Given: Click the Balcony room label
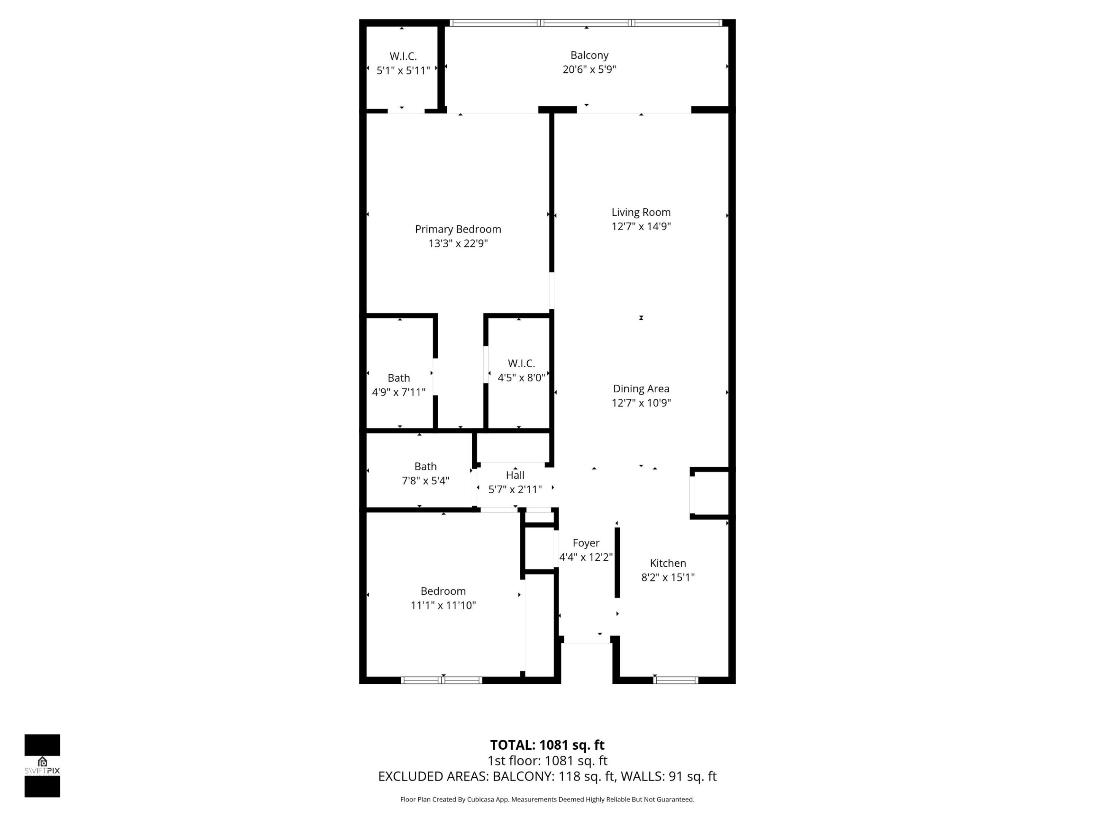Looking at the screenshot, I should (x=589, y=56).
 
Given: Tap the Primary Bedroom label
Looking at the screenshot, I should (x=458, y=229).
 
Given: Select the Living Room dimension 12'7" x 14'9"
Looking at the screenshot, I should (x=641, y=226).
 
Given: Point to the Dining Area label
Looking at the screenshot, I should (x=641, y=389).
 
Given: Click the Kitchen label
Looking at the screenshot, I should (x=668, y=563).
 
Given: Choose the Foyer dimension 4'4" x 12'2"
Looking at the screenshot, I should (x=586, y=557).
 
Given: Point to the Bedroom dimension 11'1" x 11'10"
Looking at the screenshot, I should (x=443, y=605).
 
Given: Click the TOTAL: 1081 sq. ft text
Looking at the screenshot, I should (x=547, y=745).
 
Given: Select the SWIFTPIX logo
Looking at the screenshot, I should (x=42, y=766).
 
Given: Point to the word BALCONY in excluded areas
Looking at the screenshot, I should (x=523, y=776).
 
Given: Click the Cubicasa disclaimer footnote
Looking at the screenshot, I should (x=547, y=799).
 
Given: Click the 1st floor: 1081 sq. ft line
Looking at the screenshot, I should (x=547, y=761).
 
